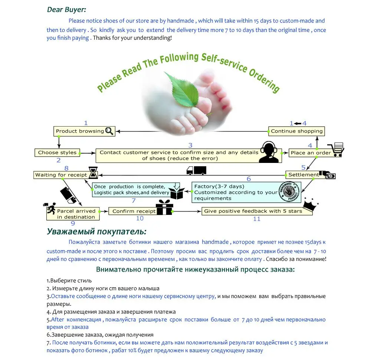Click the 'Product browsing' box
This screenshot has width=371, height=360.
point(80,131)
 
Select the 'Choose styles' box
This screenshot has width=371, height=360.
point(57,153)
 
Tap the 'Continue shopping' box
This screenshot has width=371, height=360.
point(296,131)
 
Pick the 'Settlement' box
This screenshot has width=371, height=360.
point(303,174)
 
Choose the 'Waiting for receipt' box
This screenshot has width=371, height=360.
point(61,175)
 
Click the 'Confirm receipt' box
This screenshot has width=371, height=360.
point(134,211)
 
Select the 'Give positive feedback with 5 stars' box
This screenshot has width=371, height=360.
point(257,211)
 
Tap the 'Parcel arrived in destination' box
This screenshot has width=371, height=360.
point(76,214)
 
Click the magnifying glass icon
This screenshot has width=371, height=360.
point(109,131)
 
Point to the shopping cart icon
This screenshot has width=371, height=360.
point(336,150)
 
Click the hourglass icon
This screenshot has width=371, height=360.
point(93,173)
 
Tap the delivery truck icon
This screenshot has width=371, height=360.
point(196,170)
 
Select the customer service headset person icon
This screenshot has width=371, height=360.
point(269,152)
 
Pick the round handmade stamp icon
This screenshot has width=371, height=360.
point(289,192)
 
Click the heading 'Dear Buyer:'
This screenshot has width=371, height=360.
point(66,10)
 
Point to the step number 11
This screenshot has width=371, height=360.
point(257,219)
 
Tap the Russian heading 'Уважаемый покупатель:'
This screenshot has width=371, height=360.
point(96,232)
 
